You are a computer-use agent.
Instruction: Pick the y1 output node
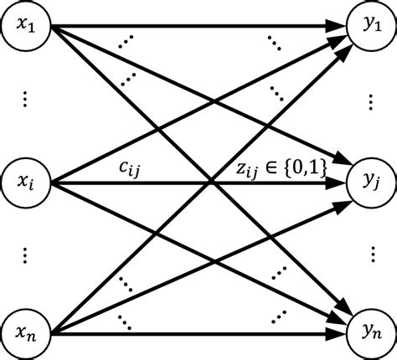(369, 28)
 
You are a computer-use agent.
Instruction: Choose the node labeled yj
(369, 179)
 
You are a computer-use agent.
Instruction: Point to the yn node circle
(369, 330)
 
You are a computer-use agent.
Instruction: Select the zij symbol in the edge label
(250, 171)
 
